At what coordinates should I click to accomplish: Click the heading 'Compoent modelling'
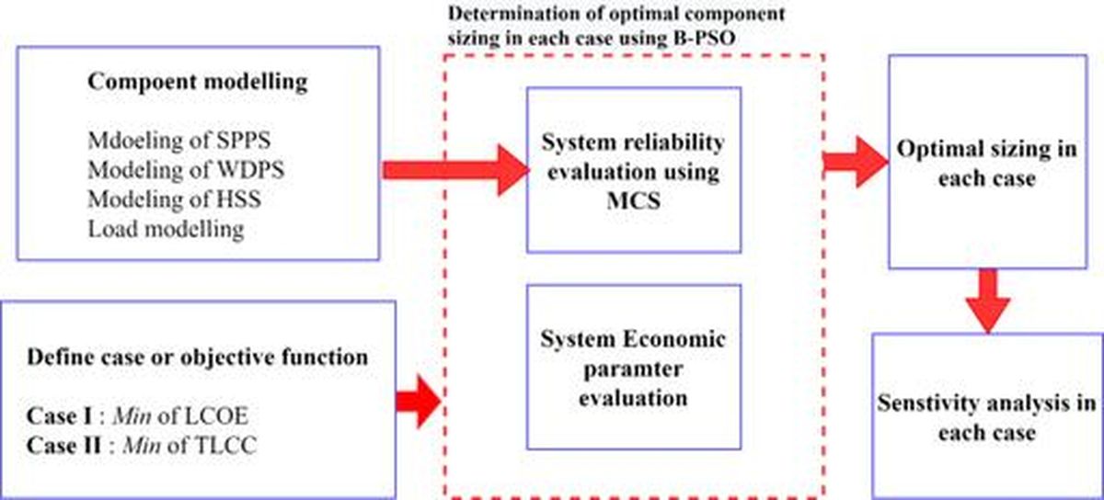[x=198, y=82]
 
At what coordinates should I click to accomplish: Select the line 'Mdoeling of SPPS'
[x=179, y=141]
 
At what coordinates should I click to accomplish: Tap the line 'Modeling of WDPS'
[x=186, y=170]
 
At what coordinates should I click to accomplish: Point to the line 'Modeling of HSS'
[x=175, y=199]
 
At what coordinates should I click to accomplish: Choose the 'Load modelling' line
[x=167, y=229]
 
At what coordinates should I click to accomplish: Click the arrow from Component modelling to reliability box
[x=456, y=170]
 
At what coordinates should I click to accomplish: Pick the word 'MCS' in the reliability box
[x=634, y=200]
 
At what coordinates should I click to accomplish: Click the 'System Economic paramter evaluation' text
[x=633, y=369]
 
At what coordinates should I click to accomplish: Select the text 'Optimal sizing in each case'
[x=986, y=164]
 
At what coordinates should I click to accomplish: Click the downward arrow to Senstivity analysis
[x=988, y=301]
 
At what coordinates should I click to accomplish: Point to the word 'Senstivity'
[x=926, y=403]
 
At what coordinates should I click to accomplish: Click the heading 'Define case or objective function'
[x=198, y=358]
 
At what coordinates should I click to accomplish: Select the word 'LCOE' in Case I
[x=215, y=416]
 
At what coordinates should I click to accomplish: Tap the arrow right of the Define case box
[x=418, y=402]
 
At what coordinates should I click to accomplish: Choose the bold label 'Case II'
[x=64, y=446]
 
